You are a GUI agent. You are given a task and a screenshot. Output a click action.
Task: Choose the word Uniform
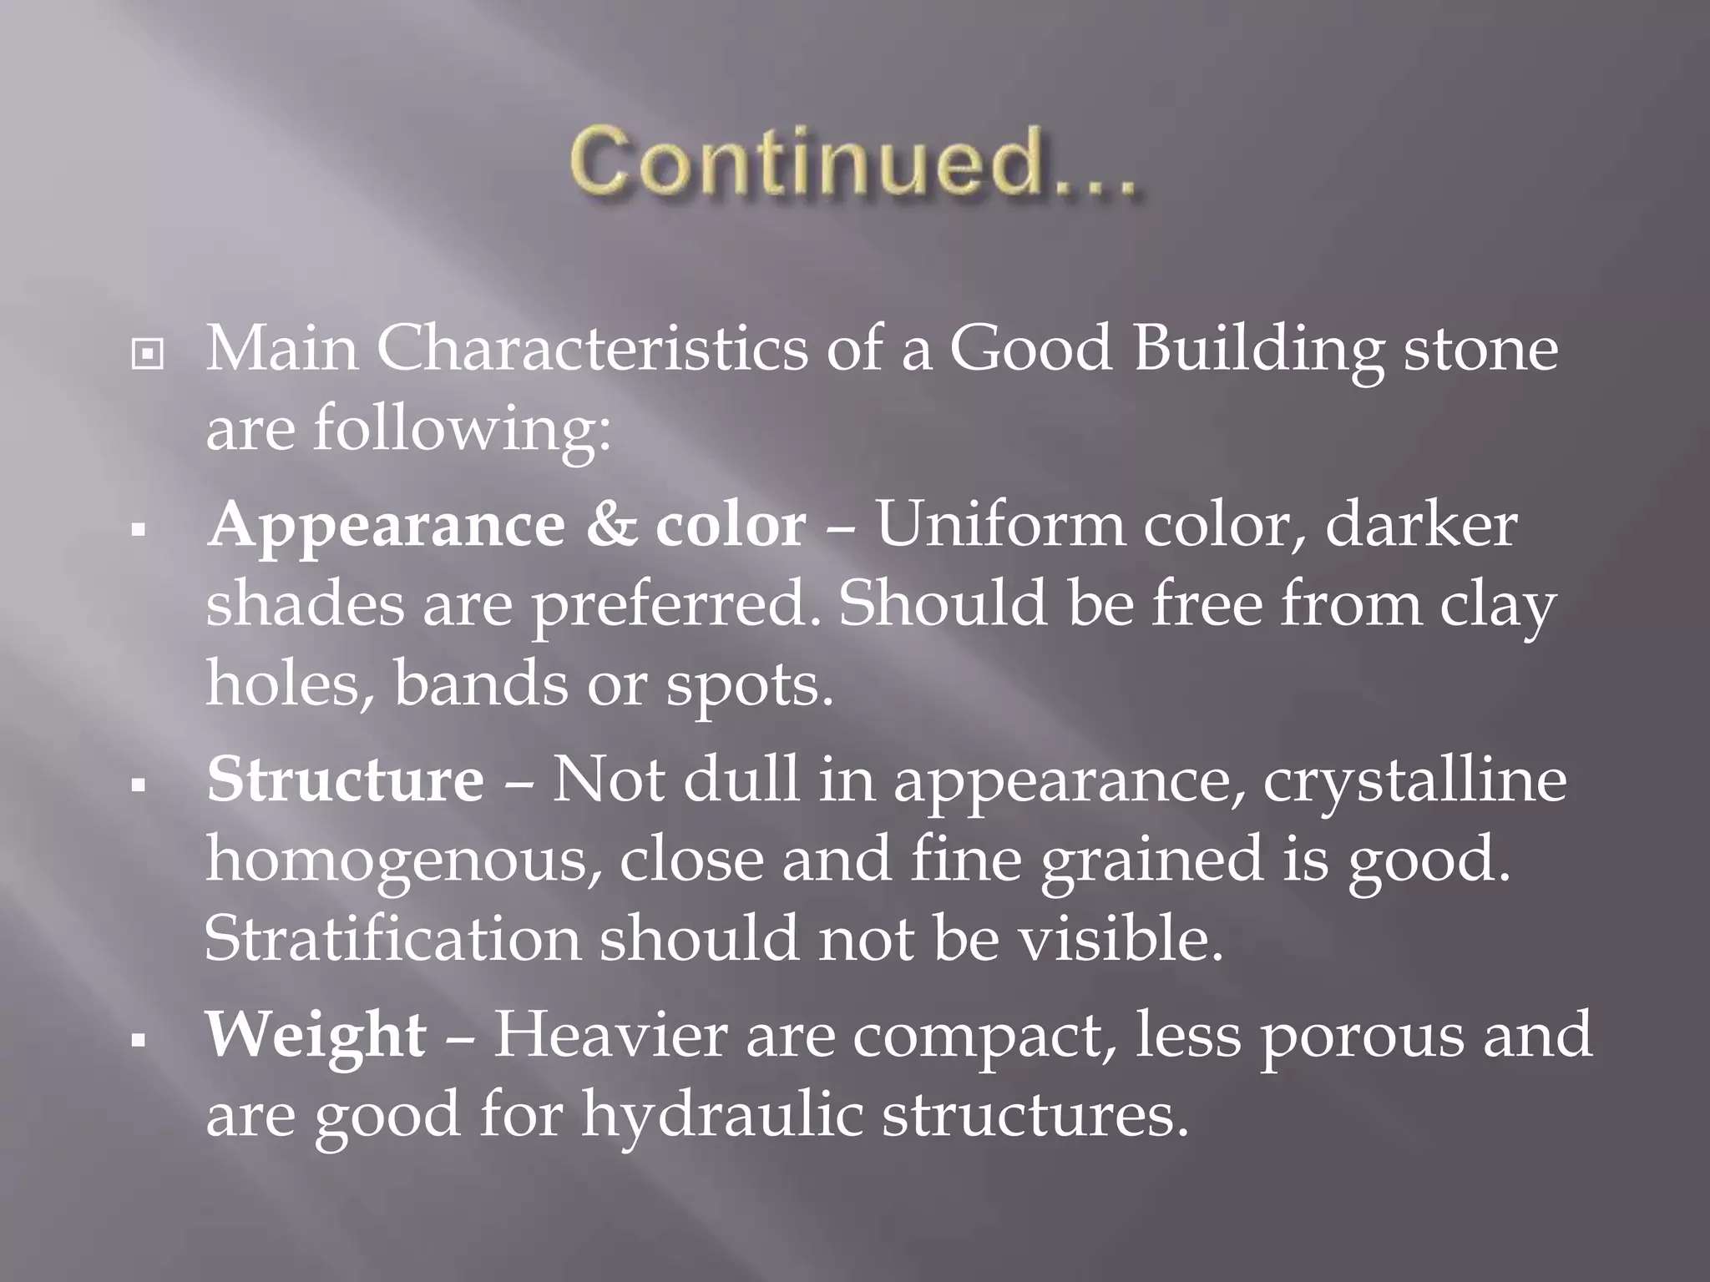pos(999,526)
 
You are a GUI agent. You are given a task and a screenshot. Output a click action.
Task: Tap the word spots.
pos(749,686)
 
